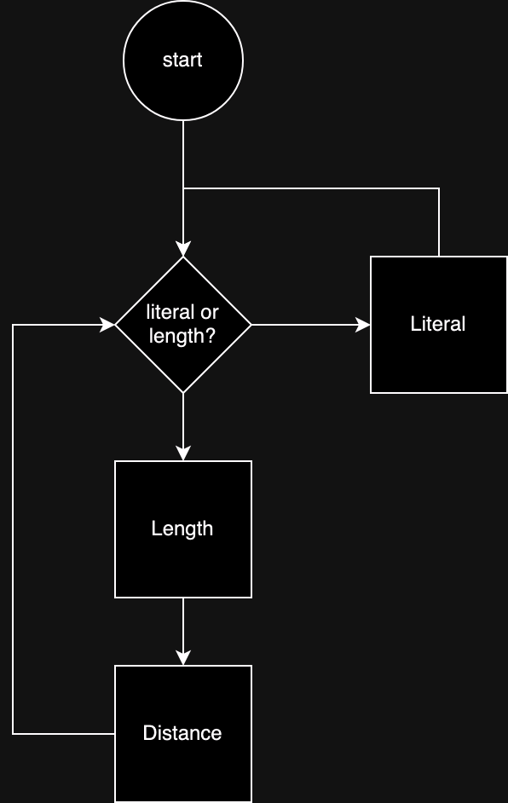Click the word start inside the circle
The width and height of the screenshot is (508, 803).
(182, 61)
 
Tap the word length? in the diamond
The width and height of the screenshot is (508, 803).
(182, 336)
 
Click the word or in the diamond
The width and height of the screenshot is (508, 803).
(210, 313)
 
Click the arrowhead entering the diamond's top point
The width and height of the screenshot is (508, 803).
(183, 249)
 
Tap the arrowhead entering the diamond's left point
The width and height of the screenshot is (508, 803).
(107, 325)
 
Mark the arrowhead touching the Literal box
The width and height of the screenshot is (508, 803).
(363, 325)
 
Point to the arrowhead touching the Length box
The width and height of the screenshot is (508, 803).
(183, 453)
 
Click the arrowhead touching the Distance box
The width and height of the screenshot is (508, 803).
(183, 658)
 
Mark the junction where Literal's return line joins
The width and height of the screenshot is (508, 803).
(183, 188)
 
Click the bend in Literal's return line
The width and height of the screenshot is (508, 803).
(439, 188)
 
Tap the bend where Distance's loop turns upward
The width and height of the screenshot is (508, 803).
(13, 733)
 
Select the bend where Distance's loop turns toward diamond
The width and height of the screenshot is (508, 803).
(13, 325)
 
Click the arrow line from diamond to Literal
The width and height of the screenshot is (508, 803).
(307, 325)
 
